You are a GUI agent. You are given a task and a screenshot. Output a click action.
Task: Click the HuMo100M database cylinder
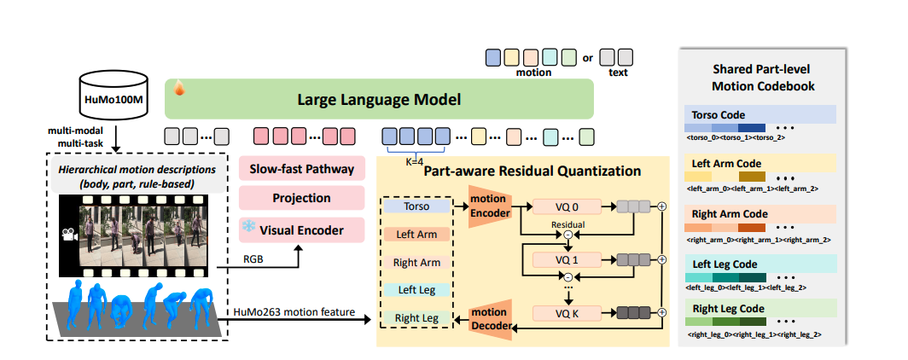coord(112,98)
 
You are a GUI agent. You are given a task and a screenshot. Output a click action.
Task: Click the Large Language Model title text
coord(379,100)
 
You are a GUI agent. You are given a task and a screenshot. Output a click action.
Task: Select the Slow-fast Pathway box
coord(302,168)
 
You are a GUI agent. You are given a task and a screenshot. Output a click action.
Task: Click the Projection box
coord(302,198)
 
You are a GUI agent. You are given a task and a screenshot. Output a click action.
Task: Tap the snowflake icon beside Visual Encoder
coord(249,228)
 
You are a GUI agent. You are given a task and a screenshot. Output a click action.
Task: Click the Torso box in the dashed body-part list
coord(417,206)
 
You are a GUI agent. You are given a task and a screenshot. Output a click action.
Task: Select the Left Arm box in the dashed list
coord(417,233)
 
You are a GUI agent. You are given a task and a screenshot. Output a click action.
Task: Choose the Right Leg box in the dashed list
coord(417,318)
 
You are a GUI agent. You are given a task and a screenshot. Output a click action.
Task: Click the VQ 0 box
coord(566,206)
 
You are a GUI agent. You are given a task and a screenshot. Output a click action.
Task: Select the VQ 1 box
coord(566,258)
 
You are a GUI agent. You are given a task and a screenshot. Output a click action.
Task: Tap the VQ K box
coord(566,314)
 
